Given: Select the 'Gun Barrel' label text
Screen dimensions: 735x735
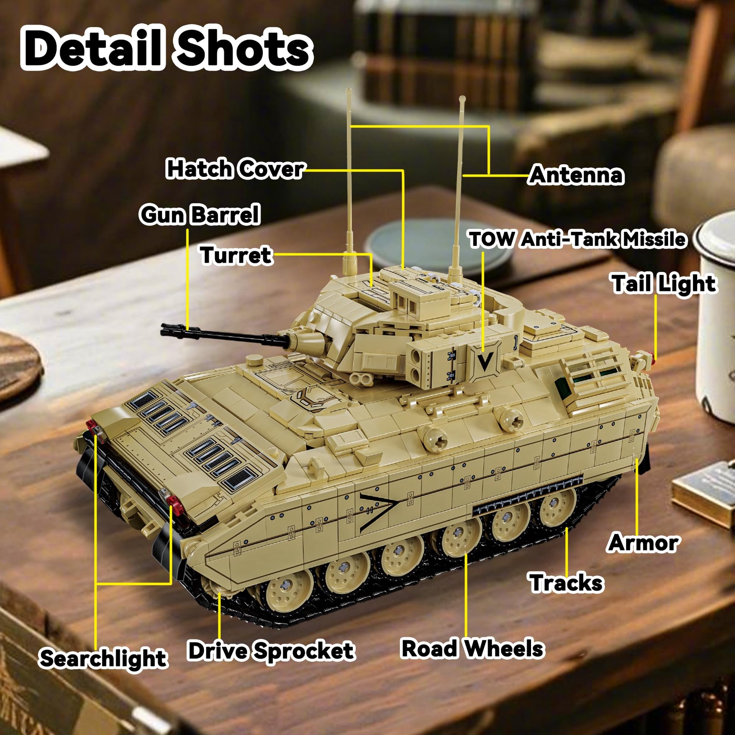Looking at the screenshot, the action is (x=200, y=215).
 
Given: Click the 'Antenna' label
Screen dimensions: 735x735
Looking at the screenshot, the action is (x=577, y=175).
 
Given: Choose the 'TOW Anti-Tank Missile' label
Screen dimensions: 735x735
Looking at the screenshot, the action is (x=578, y=240).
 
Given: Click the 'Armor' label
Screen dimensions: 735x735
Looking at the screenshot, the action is (x=643, y=542).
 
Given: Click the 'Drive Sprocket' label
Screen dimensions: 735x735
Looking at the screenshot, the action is (x=271, y=650).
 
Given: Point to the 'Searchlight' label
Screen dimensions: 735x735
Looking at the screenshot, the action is (x=103, y=659).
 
